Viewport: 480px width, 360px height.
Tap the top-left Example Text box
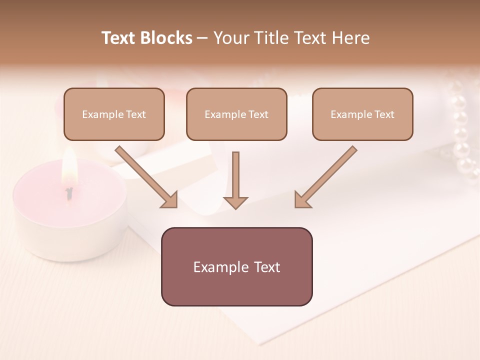(114, 114)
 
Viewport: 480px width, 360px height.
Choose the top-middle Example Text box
(236, 114)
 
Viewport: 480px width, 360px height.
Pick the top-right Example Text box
(362, 114)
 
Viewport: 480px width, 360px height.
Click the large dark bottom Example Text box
(236, 267)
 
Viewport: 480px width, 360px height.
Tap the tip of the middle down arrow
(235, 207)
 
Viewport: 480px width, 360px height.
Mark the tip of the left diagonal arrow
(176, 206)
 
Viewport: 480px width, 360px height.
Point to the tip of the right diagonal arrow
(296, 206)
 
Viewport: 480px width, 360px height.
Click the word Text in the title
(119, 38)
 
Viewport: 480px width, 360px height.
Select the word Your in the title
(231, 38)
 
